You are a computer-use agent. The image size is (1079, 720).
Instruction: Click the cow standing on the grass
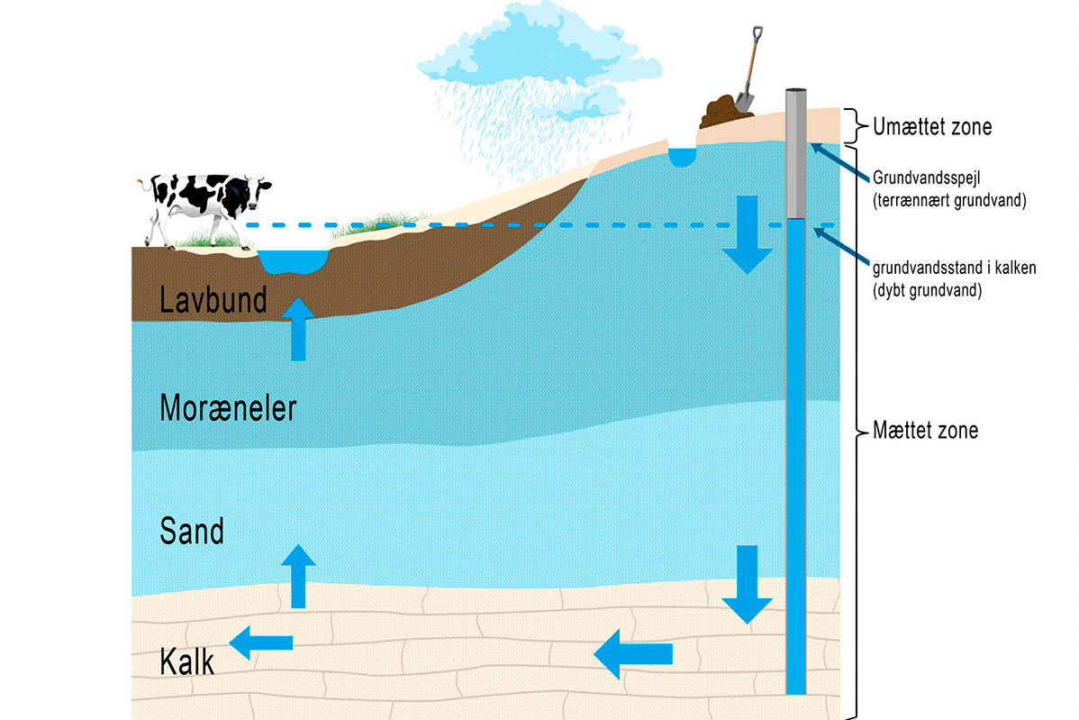(x=205, y=205)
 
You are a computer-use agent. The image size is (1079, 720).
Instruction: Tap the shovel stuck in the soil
(x=747, y=72)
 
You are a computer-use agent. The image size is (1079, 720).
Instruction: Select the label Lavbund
(x=213, y=300)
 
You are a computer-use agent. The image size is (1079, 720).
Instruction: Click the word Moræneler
(x=228, y=409)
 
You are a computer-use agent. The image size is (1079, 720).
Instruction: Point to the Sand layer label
(x=191, y=531)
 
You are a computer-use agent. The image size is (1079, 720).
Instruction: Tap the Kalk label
(x=186, y=662)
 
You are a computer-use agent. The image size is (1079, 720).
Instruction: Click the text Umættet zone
(x=932, y=127)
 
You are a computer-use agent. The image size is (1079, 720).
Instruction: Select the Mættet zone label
(x=925, y=431)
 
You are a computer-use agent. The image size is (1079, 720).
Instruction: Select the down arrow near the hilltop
(x=747, y=233)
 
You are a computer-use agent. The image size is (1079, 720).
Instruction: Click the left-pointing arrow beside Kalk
(x=261, y=643)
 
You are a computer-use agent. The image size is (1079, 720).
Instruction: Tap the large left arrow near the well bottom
(x=633, y=652)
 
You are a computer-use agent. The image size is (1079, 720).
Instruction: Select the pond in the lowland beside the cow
(x=292, y=261)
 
